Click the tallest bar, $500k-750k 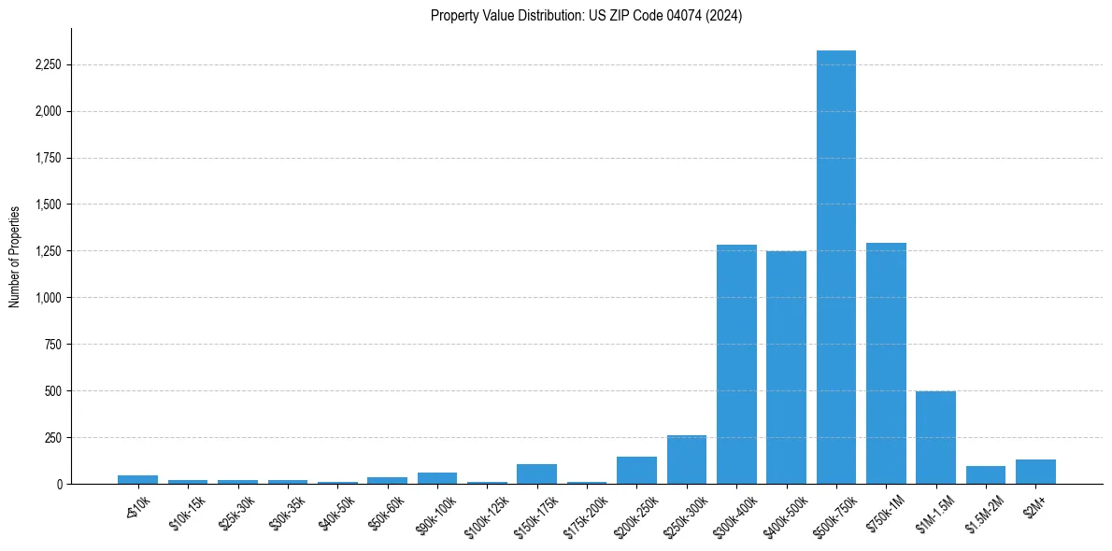point(835,267)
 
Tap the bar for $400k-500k point(786,367)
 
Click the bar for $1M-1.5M point(935,437)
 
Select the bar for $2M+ point(1035,472)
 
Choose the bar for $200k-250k point(636,470)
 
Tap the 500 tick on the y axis point(53,391)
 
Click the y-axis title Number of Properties point(15,256)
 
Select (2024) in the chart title point(725,16)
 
